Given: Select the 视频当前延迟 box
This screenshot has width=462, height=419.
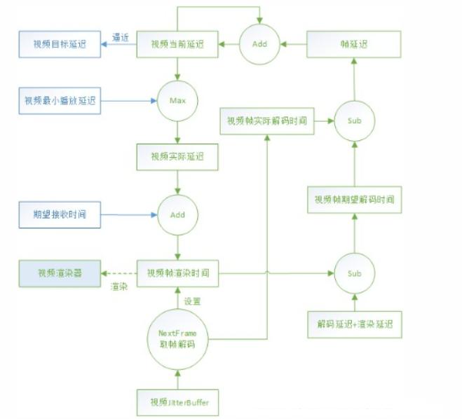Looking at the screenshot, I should (177, 45).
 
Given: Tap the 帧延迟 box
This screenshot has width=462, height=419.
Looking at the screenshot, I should (354, 45).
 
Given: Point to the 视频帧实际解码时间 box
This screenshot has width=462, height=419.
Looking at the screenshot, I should (266, 121).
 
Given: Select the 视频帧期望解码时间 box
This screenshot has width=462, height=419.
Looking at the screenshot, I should (354, 200).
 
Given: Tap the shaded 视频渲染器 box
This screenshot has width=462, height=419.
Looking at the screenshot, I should (60, 273).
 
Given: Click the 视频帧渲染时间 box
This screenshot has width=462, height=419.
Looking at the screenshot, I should (177, 273).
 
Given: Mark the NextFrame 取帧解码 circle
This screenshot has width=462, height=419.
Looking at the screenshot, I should (177, 338).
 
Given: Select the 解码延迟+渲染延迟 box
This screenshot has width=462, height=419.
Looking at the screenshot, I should (354, 324).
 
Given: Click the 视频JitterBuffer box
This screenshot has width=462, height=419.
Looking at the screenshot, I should (177, 401).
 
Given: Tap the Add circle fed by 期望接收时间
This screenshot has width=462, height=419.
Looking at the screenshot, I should (177, 214).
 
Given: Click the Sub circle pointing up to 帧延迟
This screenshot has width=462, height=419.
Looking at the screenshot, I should (354, 121).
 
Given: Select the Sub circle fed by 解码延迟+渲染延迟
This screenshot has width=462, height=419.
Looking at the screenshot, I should (354, 273).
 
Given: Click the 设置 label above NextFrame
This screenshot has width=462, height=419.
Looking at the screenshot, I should (193, 301).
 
